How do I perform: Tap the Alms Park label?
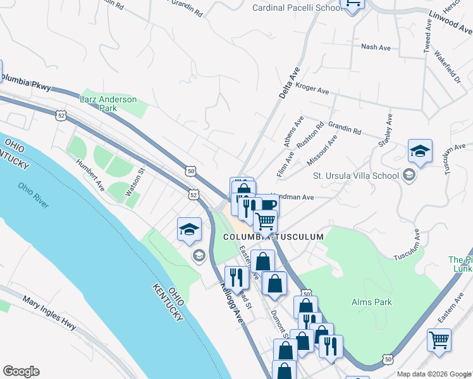point(371,302)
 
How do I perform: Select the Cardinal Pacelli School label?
point(293,8)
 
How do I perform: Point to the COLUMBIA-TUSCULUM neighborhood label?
point(273,237)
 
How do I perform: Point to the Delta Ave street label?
point(288,83)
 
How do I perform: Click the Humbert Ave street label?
point(90,174)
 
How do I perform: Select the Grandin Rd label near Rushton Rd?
point(344,129)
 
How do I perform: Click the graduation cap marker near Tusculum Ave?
point(420,152)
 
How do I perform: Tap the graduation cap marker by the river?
point(189,231)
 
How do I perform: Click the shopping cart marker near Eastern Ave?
point(439,340)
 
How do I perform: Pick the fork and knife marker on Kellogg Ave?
point(236,278)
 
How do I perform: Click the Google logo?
point(21,371)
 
